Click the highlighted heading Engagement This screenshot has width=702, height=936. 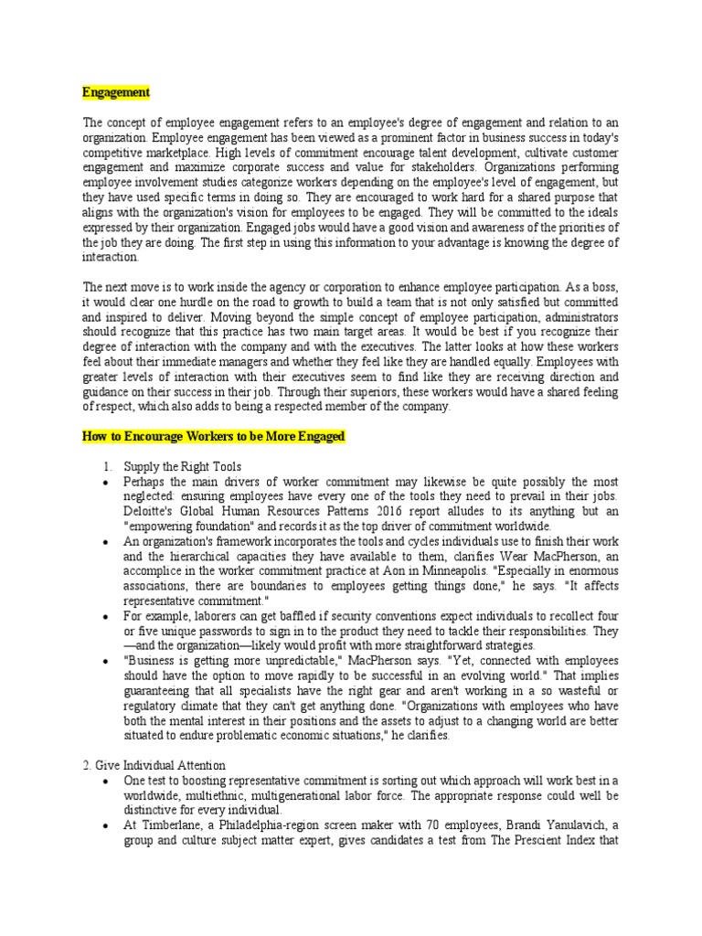pyautogui.click(x=116, y=92)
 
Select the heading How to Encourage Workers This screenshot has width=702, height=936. pyautogui.click(x=213, y=438)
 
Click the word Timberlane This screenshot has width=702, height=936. pyautogui.click(x=168, y=824)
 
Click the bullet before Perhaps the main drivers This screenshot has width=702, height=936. pyautogui.click(x=108, y=482)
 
